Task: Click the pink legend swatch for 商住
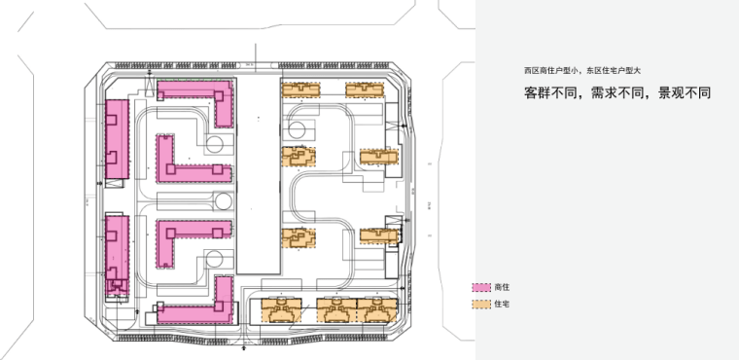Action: click(x=479, y=289)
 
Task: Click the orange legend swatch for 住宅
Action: click(x=479, y=305)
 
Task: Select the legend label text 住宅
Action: click(x=502, y=305)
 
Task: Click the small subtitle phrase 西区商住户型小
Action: click(x=553, y=71)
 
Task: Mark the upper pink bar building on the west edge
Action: click(x=117, y=138)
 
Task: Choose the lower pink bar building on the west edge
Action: click(x=117, y=252)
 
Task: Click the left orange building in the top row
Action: click(x=300, y=89)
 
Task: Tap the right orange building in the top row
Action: click(x=364, y=89)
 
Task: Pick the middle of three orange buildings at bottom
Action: click(x=336, y=310)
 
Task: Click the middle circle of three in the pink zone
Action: click(x=222, y=201)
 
